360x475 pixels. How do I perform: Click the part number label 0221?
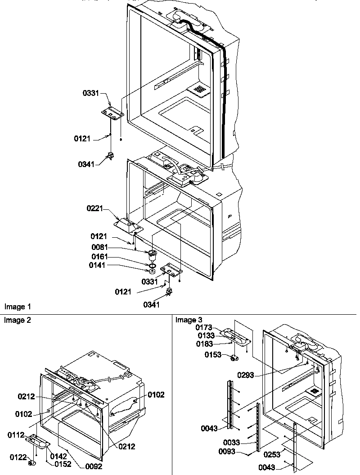[95, 208]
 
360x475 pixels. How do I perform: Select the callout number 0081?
[100, 247]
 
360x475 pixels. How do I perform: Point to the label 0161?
[100, 257]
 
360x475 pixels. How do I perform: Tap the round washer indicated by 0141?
[152, 271]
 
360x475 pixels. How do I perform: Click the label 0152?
[63, 464]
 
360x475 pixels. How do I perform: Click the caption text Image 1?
[18, 307]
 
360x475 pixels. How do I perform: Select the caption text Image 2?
[18, 320]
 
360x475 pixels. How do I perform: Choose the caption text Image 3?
[186, 320]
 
